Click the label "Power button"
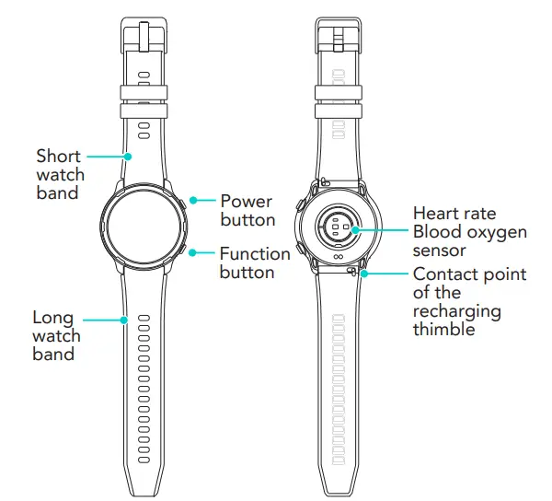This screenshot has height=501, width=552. (247, 210)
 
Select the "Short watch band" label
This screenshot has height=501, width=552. (60, 175)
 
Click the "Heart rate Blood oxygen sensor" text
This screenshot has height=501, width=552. (469, 232)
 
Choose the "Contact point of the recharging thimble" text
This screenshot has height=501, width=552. (469, 302)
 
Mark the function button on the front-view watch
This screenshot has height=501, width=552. (188, 250)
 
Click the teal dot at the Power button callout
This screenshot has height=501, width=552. (193, 200)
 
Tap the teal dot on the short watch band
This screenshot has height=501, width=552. (127, 156)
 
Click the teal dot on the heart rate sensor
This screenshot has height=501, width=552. (355, 230)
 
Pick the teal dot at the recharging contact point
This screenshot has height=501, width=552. (364, 273)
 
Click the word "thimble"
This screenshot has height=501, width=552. (444, 329)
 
